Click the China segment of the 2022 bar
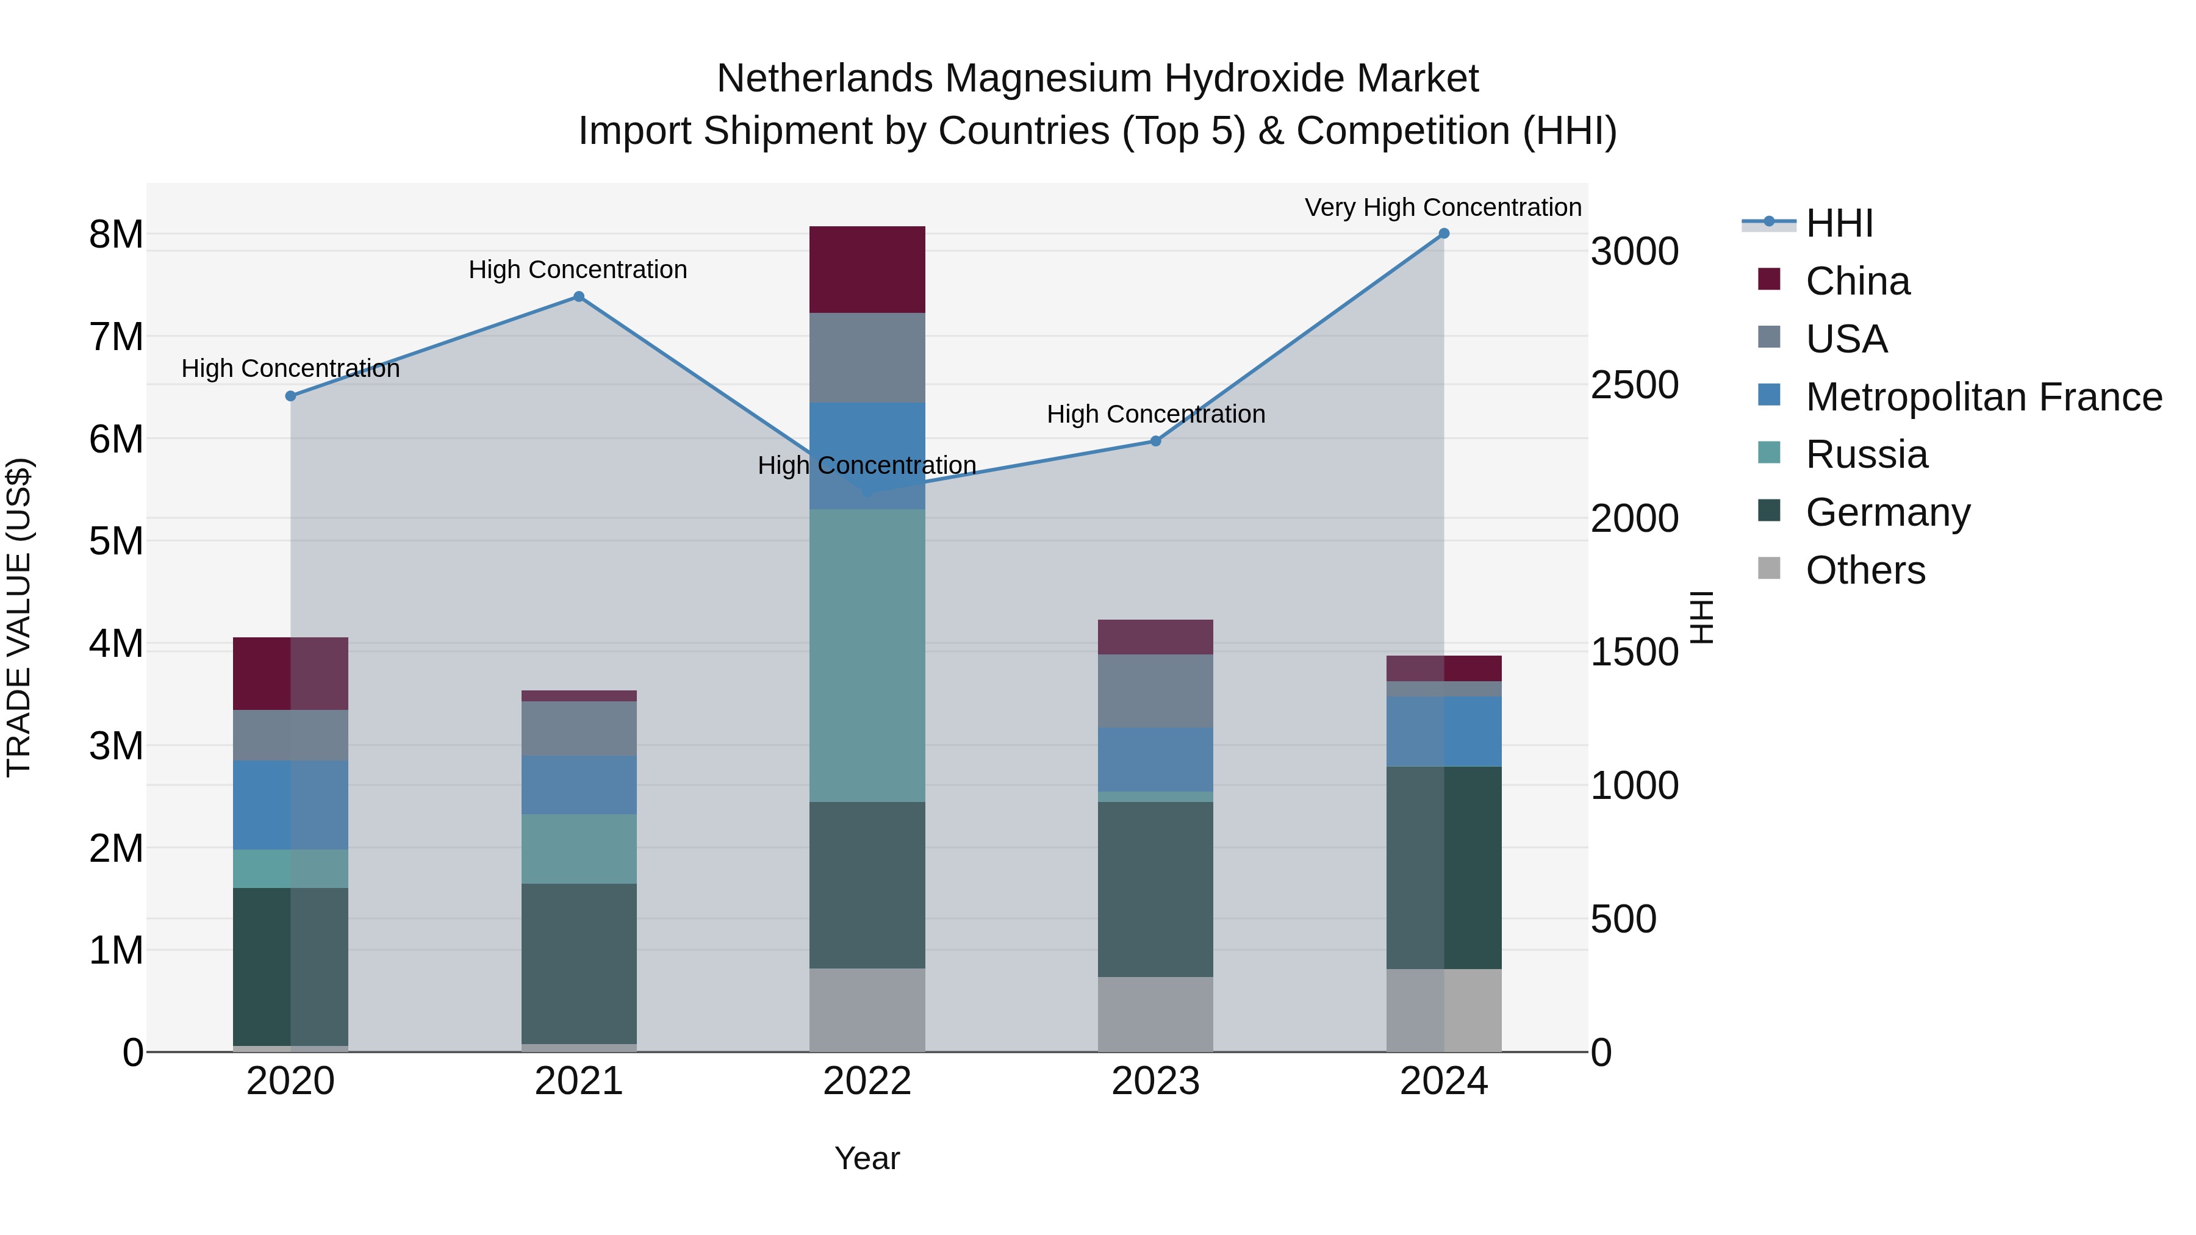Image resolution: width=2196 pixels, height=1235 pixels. coord(867,270)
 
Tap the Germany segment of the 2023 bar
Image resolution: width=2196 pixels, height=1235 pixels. coord(1155,889)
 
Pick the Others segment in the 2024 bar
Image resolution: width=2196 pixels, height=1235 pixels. coord(1443,1010)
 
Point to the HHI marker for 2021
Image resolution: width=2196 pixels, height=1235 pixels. coord(579,296)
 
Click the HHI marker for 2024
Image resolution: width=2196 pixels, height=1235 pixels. coord(1443,234)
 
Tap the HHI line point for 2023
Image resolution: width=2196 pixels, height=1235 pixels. coord(1155,441)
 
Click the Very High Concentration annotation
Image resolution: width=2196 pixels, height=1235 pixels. coord(1443,207)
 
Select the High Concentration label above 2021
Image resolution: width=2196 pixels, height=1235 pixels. coord(578,270)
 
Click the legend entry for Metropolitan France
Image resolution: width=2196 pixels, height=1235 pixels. coord(1983,397)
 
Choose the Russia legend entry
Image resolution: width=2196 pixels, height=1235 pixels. coord(1866,454)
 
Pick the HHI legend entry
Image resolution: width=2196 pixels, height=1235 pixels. coord(1839,223)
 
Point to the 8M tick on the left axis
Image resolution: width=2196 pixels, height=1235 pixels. coord(116,234)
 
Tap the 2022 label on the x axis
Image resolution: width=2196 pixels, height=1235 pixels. coord(867,1081)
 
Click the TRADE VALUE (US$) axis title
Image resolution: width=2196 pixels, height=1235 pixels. coord(19,617)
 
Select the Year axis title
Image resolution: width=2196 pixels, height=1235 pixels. coord(867,1158)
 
